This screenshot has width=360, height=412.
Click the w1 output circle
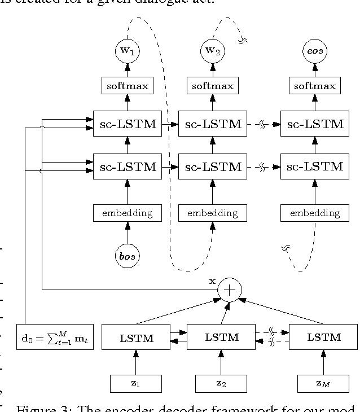pyautogui.click(x=127, y=51)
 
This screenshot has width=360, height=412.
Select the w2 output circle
pyautogui.click(x=212, y=51)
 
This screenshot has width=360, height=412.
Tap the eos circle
pyautogui.click(x=314, y=51)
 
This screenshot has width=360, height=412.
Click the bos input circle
pyautogui.click(x=127, y=256)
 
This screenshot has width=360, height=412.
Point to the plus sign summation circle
pyautogui.click(x=230, y=290)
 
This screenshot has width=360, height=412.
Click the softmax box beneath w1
pyautogui.click(x=127, y=86)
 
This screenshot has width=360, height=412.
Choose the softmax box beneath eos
pyautogui.click(x=314, y=86)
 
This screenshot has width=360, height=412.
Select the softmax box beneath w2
pyautogui.click(x=212, y=86)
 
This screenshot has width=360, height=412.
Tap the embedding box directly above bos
pyautogui.click(x=127, y=213)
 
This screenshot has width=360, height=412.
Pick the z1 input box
pyautogui.click(x=135, y=383)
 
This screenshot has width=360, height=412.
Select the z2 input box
pyautogui.click(x=221, y=383)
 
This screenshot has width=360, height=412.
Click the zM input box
pyautogui.click(x=323, y=383)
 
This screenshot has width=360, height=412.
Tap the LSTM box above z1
pyautogui.click(x=135, y=338)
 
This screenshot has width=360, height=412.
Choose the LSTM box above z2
pyautogui.click(x=221, y=338)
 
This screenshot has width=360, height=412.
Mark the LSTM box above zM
pyautogui.click(x=323, y=338)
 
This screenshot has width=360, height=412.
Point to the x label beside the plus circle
pyautogui.click(x=213, y=280)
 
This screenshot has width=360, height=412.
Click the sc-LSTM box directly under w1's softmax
pyautogui.click(x=127, y=124)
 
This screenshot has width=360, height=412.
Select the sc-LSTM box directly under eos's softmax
pyautogui.click(x=314, y=124)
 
